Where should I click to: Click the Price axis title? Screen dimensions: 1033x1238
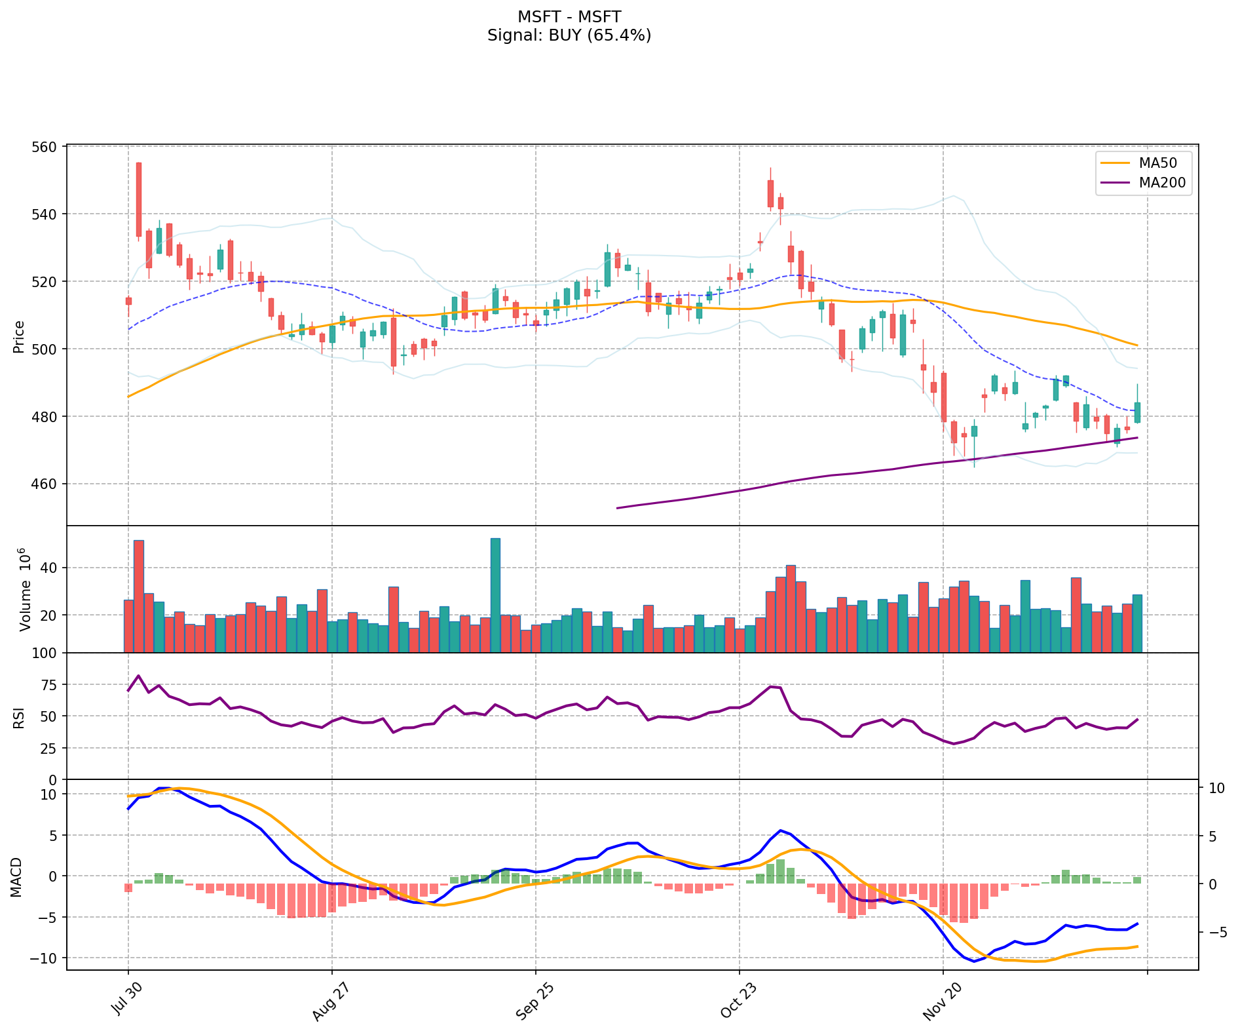[x=19, y=336]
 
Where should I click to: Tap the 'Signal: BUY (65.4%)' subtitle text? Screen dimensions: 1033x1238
[x=569, y=35]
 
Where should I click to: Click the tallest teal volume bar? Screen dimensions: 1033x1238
[x=495, y=595]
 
